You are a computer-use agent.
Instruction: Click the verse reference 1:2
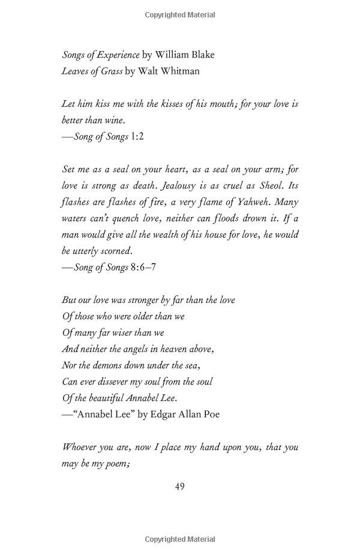(137, 136)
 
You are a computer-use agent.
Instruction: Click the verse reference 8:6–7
(143, 268)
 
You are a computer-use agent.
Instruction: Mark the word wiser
(132, 332)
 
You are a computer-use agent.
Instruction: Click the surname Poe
(211, 414)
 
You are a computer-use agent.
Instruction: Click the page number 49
(179, 487)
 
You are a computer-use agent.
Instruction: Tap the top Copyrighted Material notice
(180, 15)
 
